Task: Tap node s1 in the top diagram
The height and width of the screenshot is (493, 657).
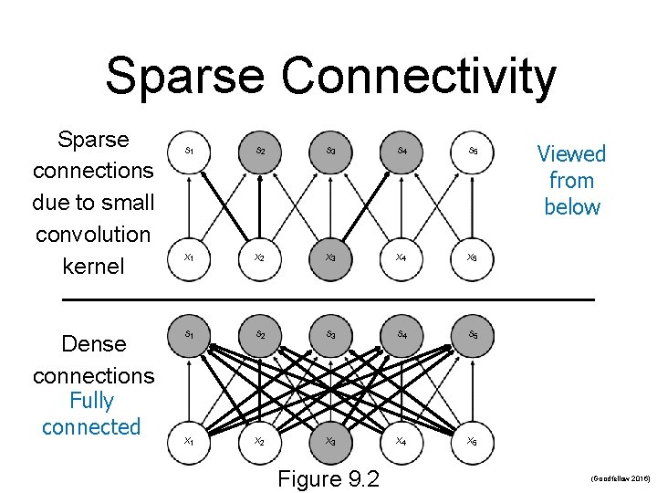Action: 188,149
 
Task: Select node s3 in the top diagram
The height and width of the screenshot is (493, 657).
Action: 330,149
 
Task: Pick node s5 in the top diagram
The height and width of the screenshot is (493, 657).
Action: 473,149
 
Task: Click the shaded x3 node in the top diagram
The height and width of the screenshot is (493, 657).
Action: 330,257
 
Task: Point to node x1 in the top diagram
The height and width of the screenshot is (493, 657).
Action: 188,257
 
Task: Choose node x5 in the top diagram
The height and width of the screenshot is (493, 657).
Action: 472,257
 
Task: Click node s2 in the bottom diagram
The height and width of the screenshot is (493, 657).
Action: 260,334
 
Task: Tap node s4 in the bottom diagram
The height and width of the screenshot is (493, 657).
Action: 401,334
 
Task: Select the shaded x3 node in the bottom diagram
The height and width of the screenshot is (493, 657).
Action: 330,441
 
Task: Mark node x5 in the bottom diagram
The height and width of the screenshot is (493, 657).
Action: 472,441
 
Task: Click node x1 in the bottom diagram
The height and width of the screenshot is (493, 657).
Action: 188,441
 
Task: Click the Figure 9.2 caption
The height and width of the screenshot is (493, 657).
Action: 329,478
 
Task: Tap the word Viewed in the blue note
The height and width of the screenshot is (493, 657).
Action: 571,153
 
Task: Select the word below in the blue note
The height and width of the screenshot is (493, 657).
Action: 571,207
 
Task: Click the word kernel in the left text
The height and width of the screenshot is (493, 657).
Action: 92,267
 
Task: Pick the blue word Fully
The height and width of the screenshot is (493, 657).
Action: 91,401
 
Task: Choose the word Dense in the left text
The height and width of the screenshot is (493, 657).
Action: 93,344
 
